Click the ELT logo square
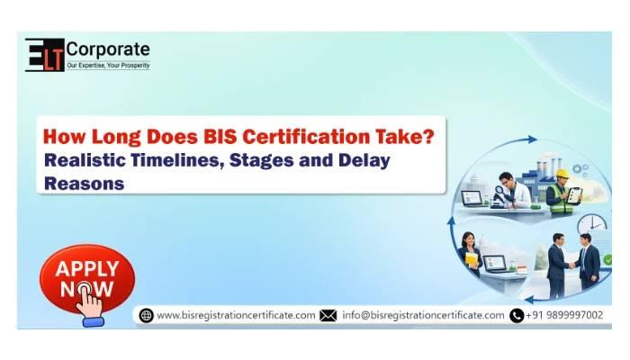(45, 55)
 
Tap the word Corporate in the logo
(108, 49)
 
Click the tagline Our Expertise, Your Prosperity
(108, 65)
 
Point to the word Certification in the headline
(306, 137)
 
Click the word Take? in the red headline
(405, 137)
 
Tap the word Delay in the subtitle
(364, 161)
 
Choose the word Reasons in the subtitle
(84, 184)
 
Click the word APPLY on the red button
(87, 268)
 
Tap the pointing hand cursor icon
(90, 302)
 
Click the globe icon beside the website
(146, 315)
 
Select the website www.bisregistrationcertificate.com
(236, 315)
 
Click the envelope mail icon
(328, 315)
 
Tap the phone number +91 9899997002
(564, 315)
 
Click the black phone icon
(517, 315)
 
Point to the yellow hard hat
(562, 173)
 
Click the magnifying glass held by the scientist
(500, 192)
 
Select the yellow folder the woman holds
(472, 259)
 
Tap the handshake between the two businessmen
(571, 265)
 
